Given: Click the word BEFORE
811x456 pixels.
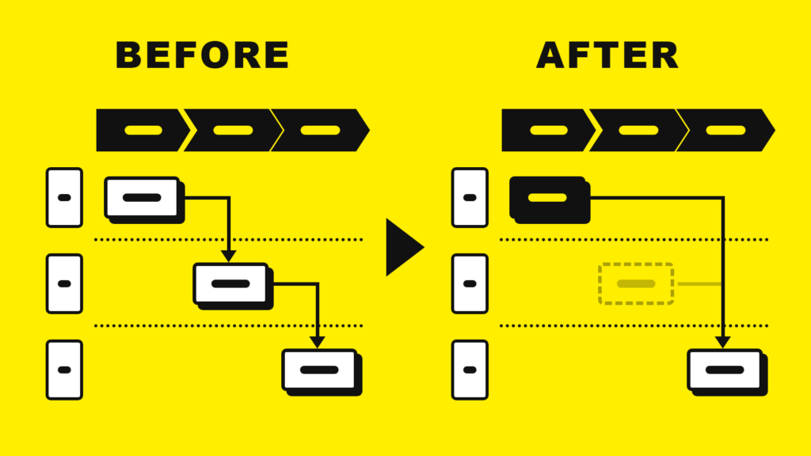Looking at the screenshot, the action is pyautogui.click(x=202, y=55).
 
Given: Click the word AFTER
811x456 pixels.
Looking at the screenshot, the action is pyautogui.click(x=607, y=55).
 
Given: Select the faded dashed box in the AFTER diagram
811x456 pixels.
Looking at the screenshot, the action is pyautogui.click(x=636, y=284).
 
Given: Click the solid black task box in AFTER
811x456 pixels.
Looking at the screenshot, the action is pyautogui.click(x=550, y=200).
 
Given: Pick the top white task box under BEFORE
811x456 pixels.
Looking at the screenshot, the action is pyautogui.click(x=145, y=200).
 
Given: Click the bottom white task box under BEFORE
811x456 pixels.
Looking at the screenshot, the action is pyautogui.click(x=322, y=372).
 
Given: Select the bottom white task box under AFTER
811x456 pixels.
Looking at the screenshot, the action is pyautogui.click(x=727, y=372).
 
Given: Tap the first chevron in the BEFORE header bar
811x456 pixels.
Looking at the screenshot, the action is pyautogui.click(x=141, y=131).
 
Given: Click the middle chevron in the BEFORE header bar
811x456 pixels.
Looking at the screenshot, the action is pyautogui.click(x=232, y=131).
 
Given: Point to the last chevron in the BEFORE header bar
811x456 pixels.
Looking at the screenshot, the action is pyautogui.click(x=320, y=131).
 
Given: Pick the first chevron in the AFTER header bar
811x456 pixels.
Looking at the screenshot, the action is pyautogui.click(x=546, y=131).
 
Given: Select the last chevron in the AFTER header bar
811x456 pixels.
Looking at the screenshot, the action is pyautogui.click(x=725, y=131).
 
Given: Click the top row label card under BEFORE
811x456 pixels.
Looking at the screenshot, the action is pyautogui.click(x=64, y=197).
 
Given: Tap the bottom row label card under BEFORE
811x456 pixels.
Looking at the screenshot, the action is pyautogui.click(x=64, y=370).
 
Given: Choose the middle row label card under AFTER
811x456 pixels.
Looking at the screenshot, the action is pyautogui.click(x=470, y=284).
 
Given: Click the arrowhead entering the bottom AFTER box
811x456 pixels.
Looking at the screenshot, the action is pyautogui.click(x=722, y=342).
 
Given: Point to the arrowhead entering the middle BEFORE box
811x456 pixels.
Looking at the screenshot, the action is pyautogui.click(x=229, y=256).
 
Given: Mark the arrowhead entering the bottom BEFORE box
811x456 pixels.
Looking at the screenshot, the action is pyautogui.click(x=317, y=342).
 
